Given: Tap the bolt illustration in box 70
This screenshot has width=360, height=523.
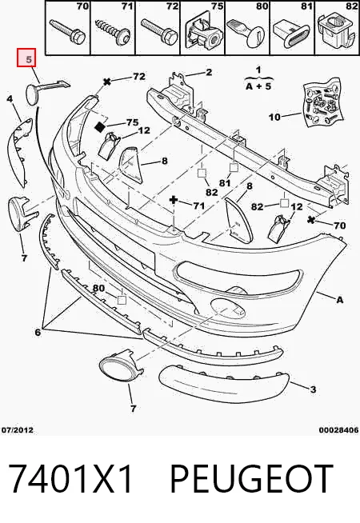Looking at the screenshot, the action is [x=66, y=31].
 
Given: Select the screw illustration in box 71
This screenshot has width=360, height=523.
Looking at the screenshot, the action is [x=112, y=30].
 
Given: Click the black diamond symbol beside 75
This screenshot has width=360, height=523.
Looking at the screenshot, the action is [x=100, y=126].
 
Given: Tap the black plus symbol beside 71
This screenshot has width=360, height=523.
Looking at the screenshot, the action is [x=174, y=200].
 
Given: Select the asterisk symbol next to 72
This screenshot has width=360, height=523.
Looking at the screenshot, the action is [x=107, y=82].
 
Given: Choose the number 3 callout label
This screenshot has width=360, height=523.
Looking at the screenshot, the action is [x=313, y=389].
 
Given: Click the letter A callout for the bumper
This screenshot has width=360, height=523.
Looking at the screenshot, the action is [x=339, y=300].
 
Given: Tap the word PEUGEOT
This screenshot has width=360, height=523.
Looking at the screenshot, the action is [x=251, y=480].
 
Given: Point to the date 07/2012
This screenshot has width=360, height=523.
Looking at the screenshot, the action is [x=18, y=430].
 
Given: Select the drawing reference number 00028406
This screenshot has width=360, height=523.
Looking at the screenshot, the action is [x=338, y=430].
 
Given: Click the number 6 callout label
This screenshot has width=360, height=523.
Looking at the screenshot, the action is [x=38, y=332].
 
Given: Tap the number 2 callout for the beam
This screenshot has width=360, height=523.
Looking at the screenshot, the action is [x=209, y=72].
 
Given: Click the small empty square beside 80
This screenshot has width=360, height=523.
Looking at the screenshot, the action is [x=122, y=300].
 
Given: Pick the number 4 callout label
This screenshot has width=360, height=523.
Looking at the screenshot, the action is [x=10, y=98].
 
